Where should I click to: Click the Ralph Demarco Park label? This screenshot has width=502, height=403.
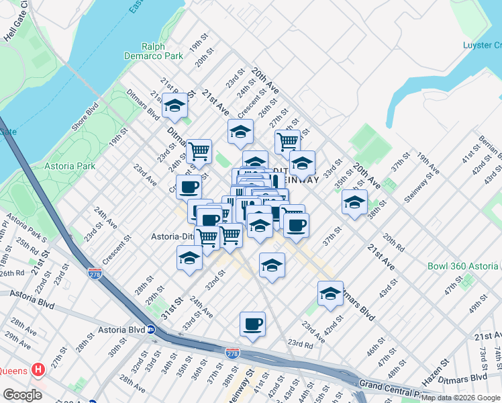[154, 51]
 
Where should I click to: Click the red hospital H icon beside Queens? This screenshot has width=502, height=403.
[38, 369]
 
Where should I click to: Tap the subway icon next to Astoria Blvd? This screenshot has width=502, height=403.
[152, 330]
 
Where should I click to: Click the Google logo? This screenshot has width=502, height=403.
[22, 394]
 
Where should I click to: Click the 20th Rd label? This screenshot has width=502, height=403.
[394, 244]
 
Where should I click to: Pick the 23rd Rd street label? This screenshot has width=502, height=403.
[300, 345]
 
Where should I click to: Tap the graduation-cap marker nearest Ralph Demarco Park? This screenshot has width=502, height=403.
[175, 105]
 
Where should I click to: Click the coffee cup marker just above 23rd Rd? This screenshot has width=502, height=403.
[252, 324]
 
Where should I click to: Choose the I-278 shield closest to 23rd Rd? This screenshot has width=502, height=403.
[233, 353]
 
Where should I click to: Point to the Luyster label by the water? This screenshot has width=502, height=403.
[482, 45]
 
